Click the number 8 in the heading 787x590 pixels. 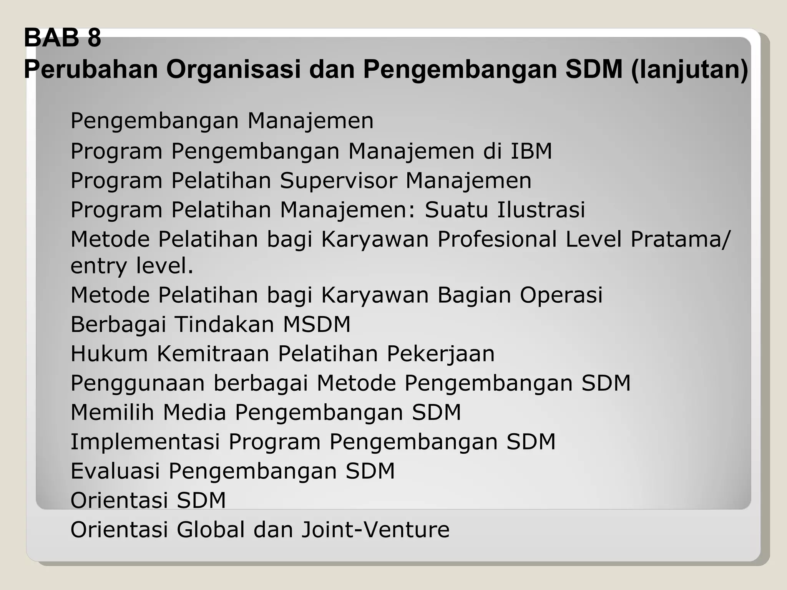[x=94, y=38]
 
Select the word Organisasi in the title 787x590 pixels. [x=233, y=70]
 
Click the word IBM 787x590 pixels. [x=531, y=151]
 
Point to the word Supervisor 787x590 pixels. [x=339, y=181]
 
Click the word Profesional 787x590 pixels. [x=497, y=239]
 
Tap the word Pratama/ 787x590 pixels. [x=680, y=239]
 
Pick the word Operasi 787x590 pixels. [x=561, y=295]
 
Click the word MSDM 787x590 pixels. [x=317, y=325]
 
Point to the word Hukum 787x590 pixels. [x=109, y=354]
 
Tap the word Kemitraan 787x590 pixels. [x=213, y=354]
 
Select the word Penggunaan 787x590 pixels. [x=138, y=384]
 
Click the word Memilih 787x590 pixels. [x=112, y=413]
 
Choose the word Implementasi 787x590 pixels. [x=145, y=442]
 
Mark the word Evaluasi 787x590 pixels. [x=115, y=471]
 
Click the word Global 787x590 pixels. [x=211, y=530]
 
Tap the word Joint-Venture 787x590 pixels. [x=375, y=530]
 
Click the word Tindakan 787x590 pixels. [x=224, y=325]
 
